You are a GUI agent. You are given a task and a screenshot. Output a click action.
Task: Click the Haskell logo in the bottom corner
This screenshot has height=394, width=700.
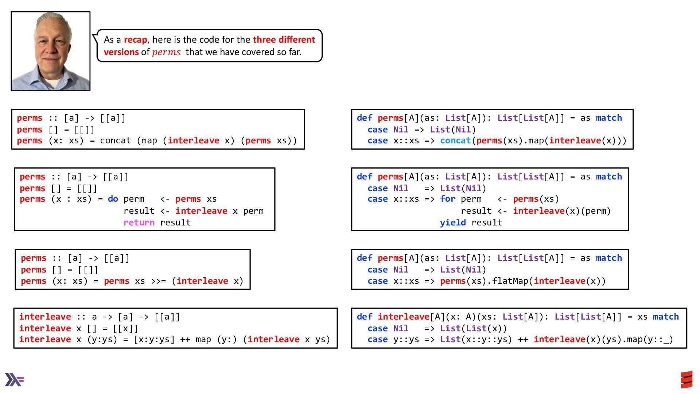point(14,379)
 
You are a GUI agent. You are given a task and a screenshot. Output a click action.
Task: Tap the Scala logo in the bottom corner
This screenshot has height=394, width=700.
point(687,380)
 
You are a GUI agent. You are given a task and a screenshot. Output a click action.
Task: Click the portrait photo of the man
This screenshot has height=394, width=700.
point(51,51)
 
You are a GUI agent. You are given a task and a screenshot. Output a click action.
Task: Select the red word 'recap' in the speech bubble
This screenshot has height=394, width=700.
point(135,39)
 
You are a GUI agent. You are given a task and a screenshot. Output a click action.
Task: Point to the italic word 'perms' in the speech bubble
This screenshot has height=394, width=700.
point(166,52)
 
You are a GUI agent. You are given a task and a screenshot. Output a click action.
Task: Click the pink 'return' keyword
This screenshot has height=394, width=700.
point(139,223)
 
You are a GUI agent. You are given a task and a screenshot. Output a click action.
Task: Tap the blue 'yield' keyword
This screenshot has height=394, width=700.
point(452,223)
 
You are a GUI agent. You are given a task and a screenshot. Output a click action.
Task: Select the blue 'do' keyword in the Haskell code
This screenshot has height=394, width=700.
point(113,199)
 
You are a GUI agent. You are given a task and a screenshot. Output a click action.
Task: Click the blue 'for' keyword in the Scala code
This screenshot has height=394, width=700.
point(447,199)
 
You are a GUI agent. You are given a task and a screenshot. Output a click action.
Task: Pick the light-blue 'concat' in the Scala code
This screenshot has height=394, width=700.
point(455,141)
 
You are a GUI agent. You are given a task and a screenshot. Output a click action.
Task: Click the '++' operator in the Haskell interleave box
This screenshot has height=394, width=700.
point(185,340)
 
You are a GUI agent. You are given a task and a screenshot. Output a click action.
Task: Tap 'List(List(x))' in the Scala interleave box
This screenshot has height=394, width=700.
point(473,328)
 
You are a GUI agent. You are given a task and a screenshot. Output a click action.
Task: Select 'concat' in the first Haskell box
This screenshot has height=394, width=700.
point(115,141)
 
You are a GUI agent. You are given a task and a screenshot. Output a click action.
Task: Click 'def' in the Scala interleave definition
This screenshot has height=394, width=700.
point(365,317)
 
